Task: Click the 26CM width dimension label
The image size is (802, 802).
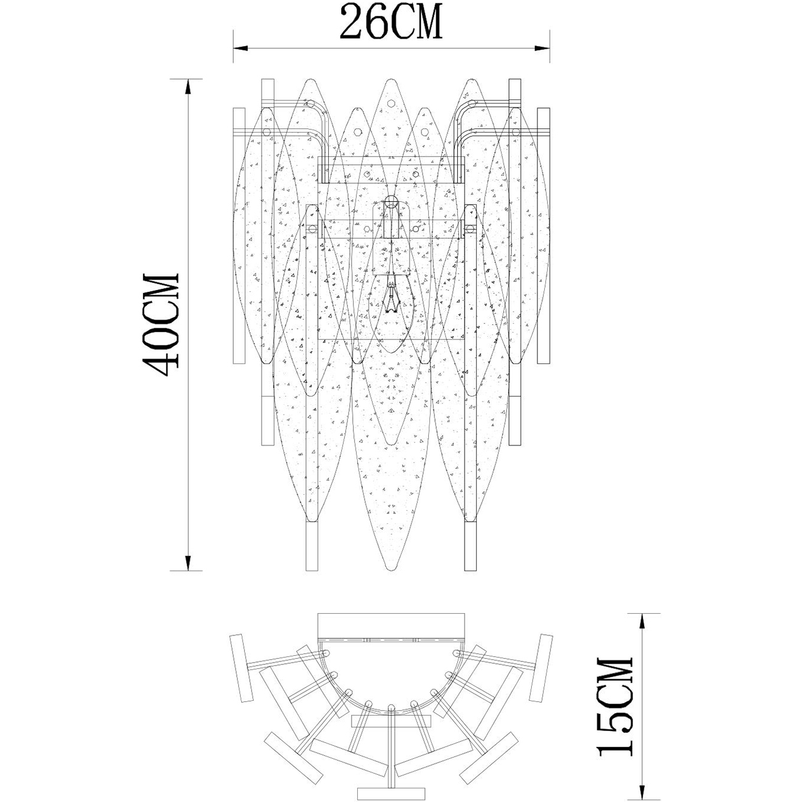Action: click(x=391, y=22)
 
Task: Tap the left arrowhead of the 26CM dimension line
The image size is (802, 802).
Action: click(x=240, y=48)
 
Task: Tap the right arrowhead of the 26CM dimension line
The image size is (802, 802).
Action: click(x=542, y=48)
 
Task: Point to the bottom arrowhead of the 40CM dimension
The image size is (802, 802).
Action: click(x=188, y=563)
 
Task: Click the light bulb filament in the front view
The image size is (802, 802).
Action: click(x=391, y=296)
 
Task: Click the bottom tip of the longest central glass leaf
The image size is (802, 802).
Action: click(x=391, y=571)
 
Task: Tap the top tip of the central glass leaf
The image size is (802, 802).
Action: click(x=391, y=79)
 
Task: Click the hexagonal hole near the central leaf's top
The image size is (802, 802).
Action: click(x=391, y=103)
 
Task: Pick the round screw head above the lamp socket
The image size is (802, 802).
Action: click(x=391, y=203)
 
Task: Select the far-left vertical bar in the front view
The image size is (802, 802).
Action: click(x=239, y=236)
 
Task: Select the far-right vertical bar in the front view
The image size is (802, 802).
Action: click(x=544, y=236)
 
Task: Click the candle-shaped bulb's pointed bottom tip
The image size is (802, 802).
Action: click(x=391, y=353)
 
